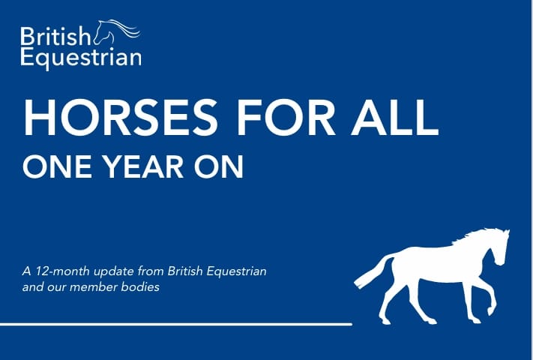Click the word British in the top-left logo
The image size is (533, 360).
coord(55,35)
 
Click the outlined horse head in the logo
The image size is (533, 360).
coord(112,31)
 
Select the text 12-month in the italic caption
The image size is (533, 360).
coord(55,271)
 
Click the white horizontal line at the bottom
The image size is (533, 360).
coord(176,324)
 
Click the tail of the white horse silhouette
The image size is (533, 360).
coord(371,271)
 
